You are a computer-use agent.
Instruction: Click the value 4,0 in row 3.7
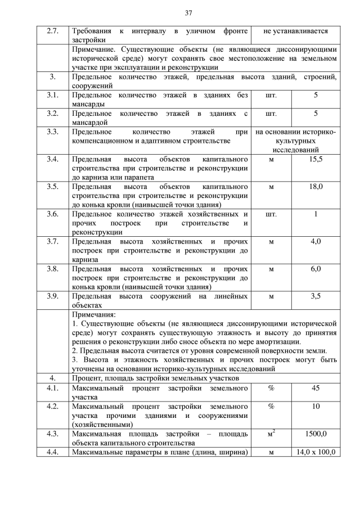(316, 241)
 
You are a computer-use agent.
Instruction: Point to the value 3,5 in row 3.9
(316, 295)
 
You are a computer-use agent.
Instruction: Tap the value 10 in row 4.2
(316, 406)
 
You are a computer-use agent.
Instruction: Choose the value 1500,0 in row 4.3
(316, 434)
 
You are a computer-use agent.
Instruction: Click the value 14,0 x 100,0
(316, 452)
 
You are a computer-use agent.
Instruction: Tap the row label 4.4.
(52, 452)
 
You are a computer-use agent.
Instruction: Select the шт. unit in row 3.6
(271, 214)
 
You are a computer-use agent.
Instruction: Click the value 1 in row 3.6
(316, 214)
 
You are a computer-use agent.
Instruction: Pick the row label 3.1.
(52, 96)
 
